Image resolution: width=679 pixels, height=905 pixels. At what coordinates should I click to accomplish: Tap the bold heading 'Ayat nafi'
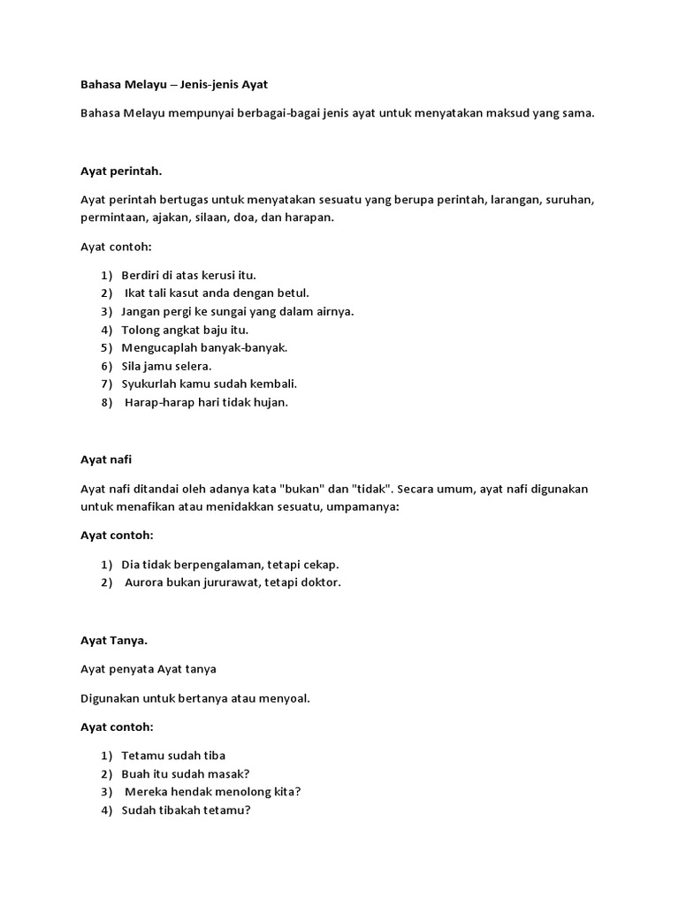click(107, 460)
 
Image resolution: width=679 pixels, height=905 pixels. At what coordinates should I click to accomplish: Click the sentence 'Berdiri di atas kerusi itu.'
click(188, 275)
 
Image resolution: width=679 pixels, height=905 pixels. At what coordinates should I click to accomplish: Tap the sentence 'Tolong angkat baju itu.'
click(185, 330)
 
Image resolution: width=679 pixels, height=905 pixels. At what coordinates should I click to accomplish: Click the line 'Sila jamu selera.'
click(166, 366)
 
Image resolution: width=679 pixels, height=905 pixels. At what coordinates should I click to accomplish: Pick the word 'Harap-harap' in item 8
click(157, 402)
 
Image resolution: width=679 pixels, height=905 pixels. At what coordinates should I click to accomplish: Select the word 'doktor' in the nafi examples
click(320, 582)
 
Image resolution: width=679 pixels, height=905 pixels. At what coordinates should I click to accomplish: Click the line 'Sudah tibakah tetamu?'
click(186, 810)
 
